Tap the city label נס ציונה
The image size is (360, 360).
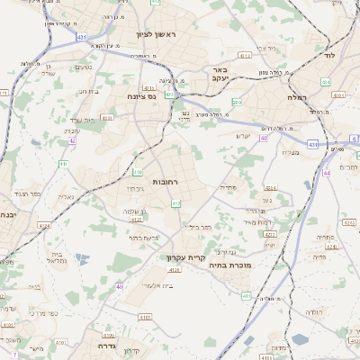click(141, 96)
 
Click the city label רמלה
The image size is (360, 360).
click(297, 96)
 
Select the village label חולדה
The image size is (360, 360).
click(313, 311)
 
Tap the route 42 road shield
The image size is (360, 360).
click(72, 141)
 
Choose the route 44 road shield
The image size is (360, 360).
click(326, 172)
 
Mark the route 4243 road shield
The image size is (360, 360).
click(331, 245)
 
